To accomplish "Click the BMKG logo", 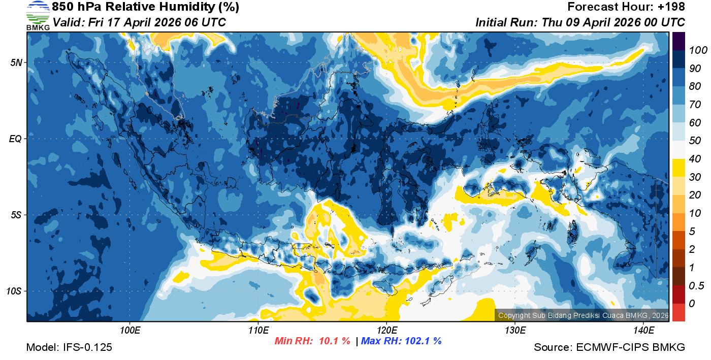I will (38, 15).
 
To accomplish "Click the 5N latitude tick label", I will (16, 62).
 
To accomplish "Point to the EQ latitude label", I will (15, 139).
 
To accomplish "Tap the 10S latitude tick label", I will (14, 291).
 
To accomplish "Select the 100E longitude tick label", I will (130, 330).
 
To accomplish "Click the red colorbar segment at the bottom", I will (678, 312).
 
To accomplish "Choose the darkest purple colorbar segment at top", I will (678, 41).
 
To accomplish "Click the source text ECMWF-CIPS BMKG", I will (630, 348).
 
